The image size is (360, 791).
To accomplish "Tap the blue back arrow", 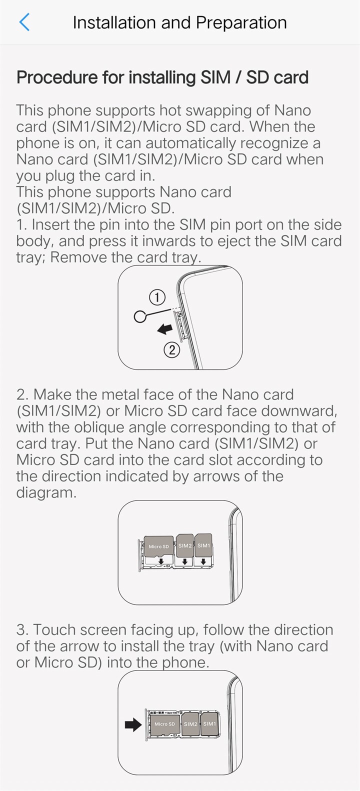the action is click(x=24, y=22).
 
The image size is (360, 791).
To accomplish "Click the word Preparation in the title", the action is click(x=241, y=23).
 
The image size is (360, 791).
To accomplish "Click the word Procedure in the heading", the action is click(x=57, y=77).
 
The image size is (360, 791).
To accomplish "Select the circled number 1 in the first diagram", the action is click(x=157, y=297).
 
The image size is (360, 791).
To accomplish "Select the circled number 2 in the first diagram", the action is click(x=171, y=350).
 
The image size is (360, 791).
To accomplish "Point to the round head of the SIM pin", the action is click(x=140, y=316).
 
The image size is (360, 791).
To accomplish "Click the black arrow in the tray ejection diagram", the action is click(x=164, y=329).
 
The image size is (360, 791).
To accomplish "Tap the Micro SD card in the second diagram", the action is click(x=158, y=546).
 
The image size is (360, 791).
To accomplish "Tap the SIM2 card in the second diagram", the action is click(x=185, y=545).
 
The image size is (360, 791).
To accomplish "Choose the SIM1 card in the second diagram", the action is click(x=204, y=545).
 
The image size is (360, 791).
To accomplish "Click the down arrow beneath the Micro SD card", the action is click(x=161, y=561).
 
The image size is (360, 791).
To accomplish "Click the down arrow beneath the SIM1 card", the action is click(x=203, y=561).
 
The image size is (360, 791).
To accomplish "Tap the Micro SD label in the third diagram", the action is click(x=164, y=724).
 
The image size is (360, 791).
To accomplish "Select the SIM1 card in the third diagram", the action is click(x=209, y=724).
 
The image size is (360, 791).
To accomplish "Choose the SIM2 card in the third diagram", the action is click(x=190, y=724).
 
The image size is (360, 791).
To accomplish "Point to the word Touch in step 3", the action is click(x=54, y=630).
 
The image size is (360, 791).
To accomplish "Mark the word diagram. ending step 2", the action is click(x=46, y=493).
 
